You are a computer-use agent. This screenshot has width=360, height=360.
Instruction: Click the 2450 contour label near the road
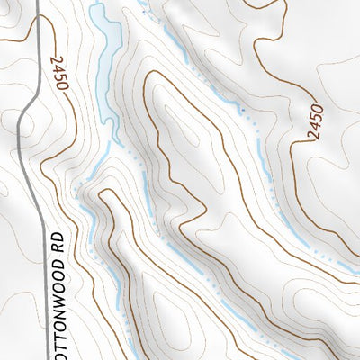click(60, 72)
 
